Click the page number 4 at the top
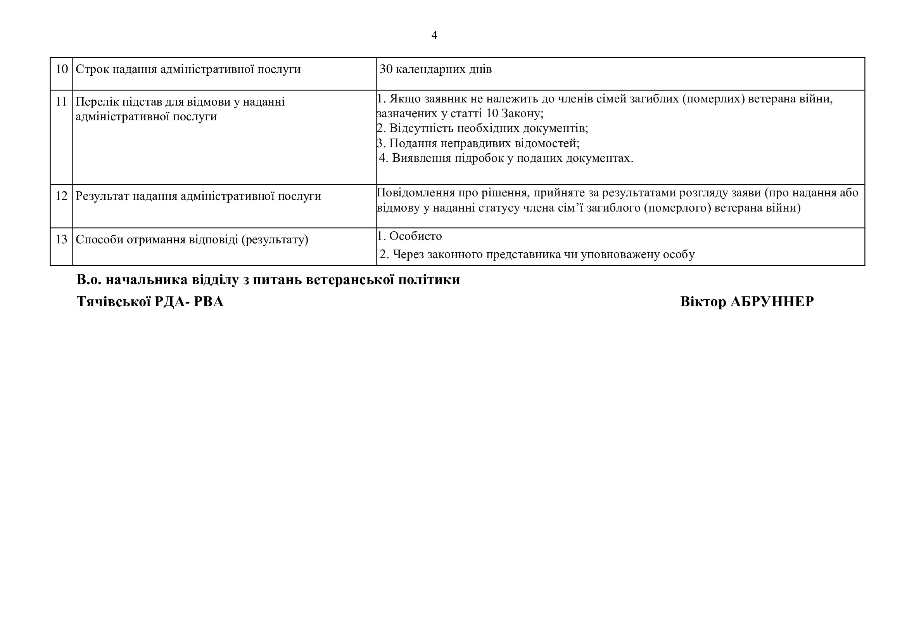click(434, 35)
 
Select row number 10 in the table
click(62, 69)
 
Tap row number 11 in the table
click(62, 102)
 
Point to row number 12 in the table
click(62, 196)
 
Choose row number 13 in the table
click(62, 239)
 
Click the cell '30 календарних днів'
click(435, 69)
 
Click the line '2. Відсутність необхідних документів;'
click(482, 128)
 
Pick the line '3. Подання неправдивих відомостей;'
click(478, 143)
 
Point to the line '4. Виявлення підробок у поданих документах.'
click(506, 158)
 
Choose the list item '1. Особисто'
click(409, 236)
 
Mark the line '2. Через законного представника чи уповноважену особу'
click(537, 254)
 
